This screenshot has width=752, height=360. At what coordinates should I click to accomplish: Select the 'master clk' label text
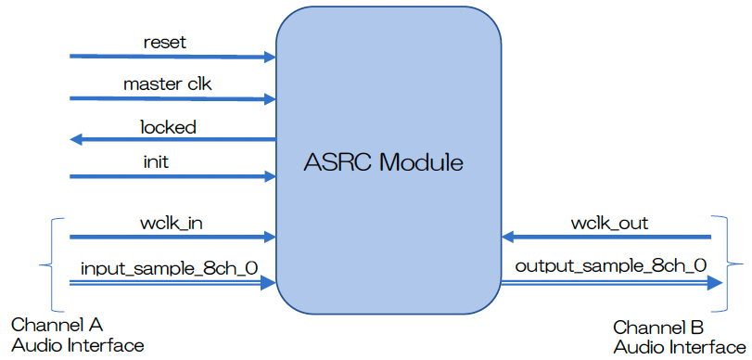(x=168, y=84)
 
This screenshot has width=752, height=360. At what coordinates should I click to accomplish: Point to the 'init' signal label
(x=155, y=161)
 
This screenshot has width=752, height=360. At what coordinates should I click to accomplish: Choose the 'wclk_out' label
(x=609, y=223)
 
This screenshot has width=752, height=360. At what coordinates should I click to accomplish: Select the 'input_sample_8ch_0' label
(x=169, y=268)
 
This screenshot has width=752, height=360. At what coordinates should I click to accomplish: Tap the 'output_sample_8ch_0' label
(x=610, y=266)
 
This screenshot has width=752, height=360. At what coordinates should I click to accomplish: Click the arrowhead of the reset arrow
(x=270, y=57)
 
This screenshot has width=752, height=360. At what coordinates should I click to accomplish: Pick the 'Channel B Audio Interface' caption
(x=679, y=337)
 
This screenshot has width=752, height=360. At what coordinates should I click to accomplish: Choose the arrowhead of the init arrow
(x=270, y=175)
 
